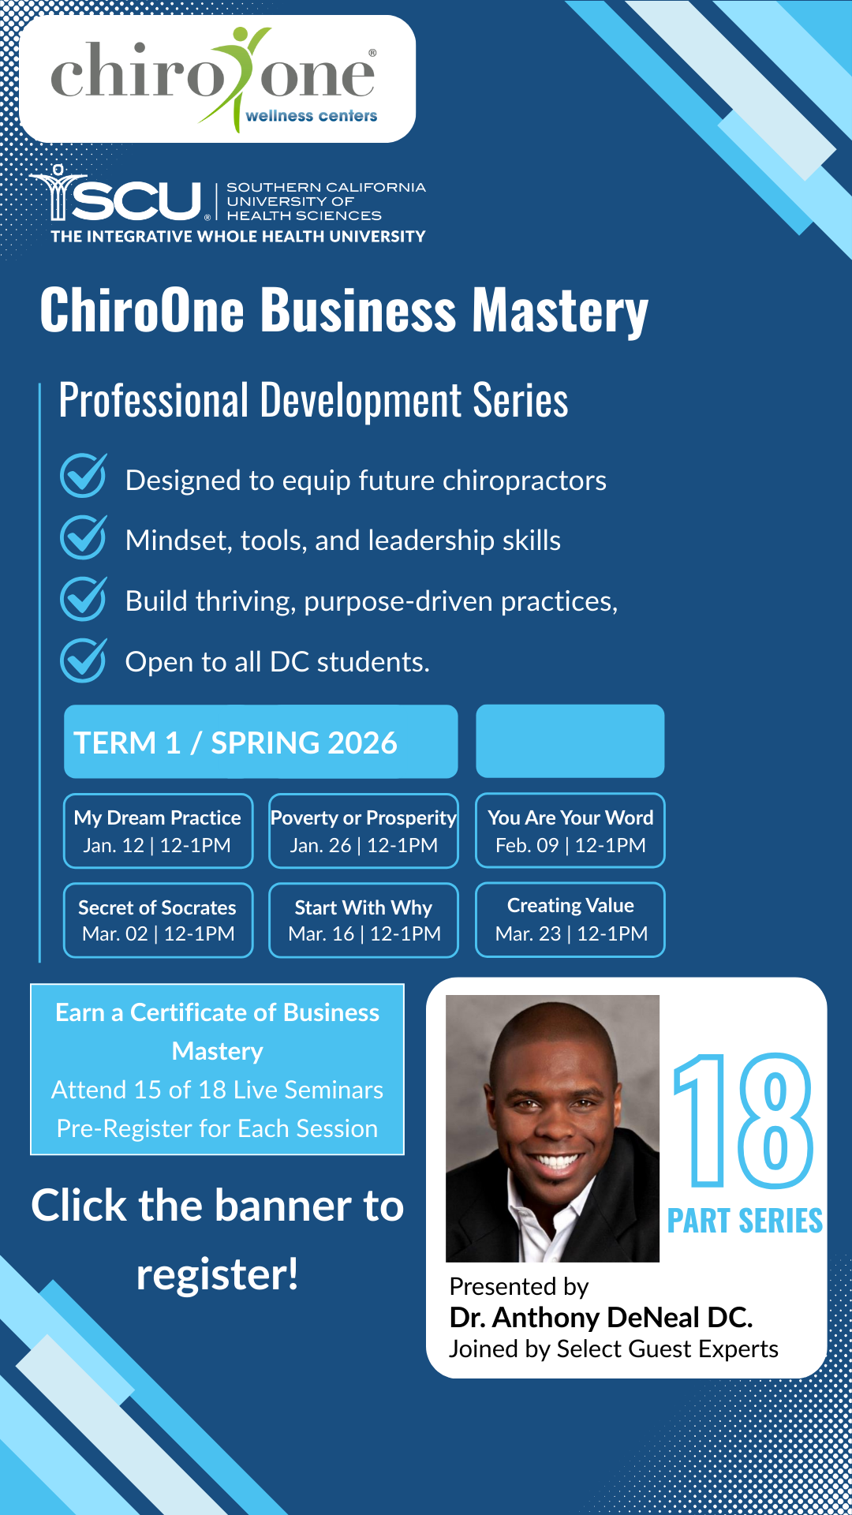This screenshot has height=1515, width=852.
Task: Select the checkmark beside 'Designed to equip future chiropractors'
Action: click(84, 476)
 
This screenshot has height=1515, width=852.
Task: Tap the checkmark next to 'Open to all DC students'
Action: click(84, 660)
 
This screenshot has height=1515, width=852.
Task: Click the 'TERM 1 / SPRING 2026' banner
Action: click(261, 742)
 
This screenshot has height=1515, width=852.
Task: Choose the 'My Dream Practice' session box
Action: click(159, 831)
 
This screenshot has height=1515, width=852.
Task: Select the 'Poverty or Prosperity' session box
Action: click(364, 831)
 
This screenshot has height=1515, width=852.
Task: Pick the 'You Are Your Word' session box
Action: click(570, 830)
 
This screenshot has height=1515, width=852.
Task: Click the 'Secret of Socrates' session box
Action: click(159, 920)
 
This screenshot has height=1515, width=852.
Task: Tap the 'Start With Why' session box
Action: click(364, 920)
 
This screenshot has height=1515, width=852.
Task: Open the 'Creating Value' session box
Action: click(570, 919)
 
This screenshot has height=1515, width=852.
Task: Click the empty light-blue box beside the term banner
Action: click(570, 741)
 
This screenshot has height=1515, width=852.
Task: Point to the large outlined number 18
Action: click(742, 1120)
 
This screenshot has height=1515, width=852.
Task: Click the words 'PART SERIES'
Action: click(745, 1221)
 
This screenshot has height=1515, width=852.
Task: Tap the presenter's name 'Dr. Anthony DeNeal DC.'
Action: click(601, 1318)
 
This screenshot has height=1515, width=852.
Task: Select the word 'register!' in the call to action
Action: click(218, 1275)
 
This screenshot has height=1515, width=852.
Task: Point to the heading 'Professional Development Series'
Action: click(313, 401)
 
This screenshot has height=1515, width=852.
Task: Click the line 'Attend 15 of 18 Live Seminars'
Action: click(218, 1090)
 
